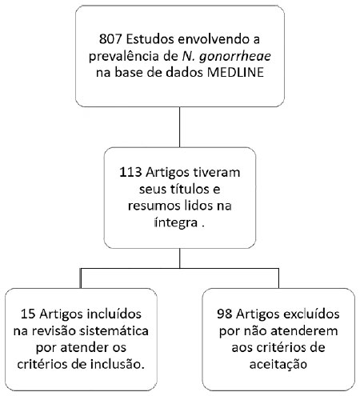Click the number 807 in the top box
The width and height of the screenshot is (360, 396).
(110, 39)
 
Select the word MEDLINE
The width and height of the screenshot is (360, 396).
(235, 73)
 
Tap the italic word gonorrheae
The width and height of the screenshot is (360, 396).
(235, 57)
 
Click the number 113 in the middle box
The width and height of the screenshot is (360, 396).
(130, 172)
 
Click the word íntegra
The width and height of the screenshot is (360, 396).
(176, 222)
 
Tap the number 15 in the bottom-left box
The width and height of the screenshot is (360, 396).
(28, 314)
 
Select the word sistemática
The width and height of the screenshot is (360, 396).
(114, 330)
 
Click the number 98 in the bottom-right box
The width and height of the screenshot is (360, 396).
(224, 314)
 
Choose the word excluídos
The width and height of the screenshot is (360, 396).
(311, 314)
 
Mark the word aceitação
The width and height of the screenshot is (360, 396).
(278, 364)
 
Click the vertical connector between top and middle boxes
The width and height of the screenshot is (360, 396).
(179, 127)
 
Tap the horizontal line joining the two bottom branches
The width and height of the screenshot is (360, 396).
(179, 268)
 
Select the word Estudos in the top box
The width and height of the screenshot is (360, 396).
(150, 39)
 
